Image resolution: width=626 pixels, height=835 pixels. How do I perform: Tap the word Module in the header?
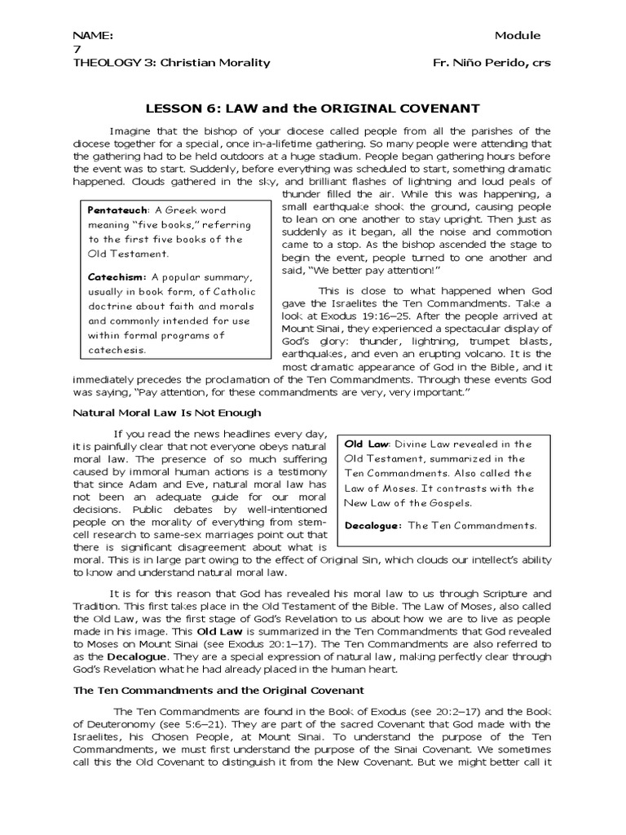[518, 36]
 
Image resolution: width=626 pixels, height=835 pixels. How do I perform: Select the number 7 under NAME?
[77, 50]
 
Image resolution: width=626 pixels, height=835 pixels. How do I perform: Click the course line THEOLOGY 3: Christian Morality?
[171, 64]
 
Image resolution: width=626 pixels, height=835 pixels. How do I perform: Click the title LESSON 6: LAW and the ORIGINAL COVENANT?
[312, 108]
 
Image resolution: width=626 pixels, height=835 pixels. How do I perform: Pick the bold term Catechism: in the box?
[115, 276]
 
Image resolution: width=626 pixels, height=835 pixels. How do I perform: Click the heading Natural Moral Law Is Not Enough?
[167, 413]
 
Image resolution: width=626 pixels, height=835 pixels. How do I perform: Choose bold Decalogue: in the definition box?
[373, 525]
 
